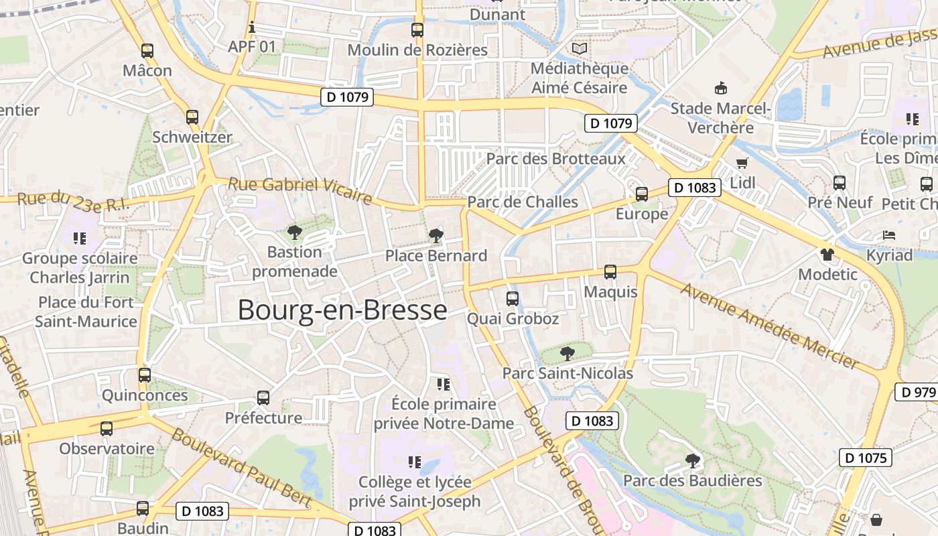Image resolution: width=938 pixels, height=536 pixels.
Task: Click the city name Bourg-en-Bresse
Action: (x=342, y=310)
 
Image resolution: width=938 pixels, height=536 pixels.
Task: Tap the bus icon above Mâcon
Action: (x=147, y=50)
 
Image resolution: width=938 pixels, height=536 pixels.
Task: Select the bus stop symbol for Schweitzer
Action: (x=192, y=117)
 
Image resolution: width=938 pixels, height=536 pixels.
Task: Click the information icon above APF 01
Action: (x=252, y=27)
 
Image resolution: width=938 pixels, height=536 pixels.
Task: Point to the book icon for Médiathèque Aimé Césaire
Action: (x=579, y=48)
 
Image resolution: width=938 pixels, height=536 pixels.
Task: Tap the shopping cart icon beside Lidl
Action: (x=742, y=163)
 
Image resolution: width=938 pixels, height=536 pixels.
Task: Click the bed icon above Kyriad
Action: (x=889, y=235)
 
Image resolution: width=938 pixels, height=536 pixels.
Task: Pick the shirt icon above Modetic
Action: (x=827, y=255)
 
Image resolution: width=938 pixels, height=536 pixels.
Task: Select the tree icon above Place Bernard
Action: (x=436, y=235)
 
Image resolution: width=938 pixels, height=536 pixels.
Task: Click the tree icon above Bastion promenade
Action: (x=293, y=232)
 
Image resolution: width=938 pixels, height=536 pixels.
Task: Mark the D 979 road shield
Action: (x=916, y=392)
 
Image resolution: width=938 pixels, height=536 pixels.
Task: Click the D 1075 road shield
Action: (x=866, y=458)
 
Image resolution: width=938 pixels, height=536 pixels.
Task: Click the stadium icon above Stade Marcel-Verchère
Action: (x=721, y=88)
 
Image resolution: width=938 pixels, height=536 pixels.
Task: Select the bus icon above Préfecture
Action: (x=263, y=398)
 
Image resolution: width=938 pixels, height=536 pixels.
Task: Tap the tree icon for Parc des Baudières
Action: (x=693, y=460)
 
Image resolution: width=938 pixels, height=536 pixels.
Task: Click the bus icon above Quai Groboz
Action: (x=513, y=298)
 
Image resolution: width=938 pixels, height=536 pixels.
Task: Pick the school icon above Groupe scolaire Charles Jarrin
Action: (x=80, y=238)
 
